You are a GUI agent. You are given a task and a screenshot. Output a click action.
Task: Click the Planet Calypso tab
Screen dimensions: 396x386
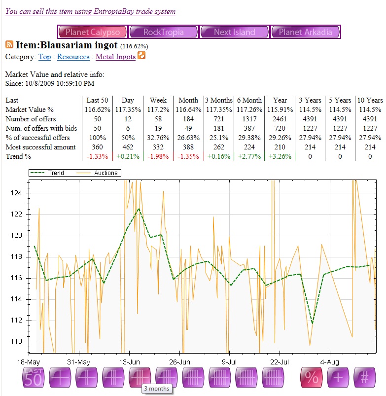point(92,32)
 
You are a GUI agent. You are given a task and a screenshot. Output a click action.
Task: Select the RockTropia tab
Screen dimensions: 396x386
point(163,32)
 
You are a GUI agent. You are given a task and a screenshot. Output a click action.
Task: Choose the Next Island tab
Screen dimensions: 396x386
point(234,32)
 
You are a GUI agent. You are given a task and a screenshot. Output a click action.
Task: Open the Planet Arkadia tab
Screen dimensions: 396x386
point(305,32)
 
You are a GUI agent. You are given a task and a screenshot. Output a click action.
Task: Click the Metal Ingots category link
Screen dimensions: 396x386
point(115,57)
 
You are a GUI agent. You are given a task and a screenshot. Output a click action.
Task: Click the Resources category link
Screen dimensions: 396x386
point(73,57)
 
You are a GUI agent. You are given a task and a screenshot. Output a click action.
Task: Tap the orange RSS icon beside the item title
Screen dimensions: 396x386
point(9,45)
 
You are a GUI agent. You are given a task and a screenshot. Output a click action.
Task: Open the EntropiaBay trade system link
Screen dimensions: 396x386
point(90,11)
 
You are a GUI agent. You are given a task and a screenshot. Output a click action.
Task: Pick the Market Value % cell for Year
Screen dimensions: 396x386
point(280,109)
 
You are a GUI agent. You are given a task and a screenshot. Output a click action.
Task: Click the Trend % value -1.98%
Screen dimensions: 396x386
point(158,156)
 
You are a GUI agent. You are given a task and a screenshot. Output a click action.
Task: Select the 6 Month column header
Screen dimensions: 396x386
point(249,100)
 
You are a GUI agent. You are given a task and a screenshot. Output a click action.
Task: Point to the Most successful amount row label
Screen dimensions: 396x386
point(40,147)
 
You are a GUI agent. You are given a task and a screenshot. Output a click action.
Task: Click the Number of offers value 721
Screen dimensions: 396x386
point(219,119)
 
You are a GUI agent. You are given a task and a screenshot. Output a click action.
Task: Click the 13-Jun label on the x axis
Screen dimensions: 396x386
point(129,362)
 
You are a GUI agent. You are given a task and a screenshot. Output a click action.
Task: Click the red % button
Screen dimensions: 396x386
point(312,378)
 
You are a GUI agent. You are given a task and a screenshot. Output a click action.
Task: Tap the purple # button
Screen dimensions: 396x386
point(365,378)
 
